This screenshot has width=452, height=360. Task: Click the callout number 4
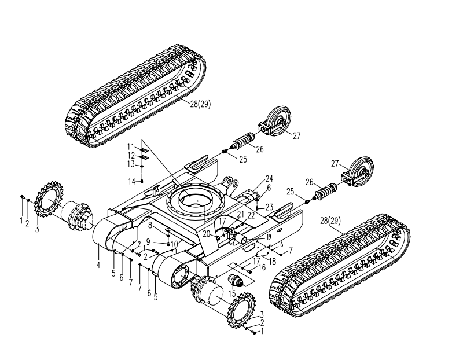tap(98, 265)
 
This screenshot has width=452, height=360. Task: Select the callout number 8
tap(149, 225)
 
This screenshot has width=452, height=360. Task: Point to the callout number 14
tap(132, 181)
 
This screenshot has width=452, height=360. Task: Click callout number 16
tap(262, 267)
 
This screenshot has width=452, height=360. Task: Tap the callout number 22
tap(251, 215)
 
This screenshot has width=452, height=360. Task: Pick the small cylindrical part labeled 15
tap(236, 282)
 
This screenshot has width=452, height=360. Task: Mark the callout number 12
tap(131, 155)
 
